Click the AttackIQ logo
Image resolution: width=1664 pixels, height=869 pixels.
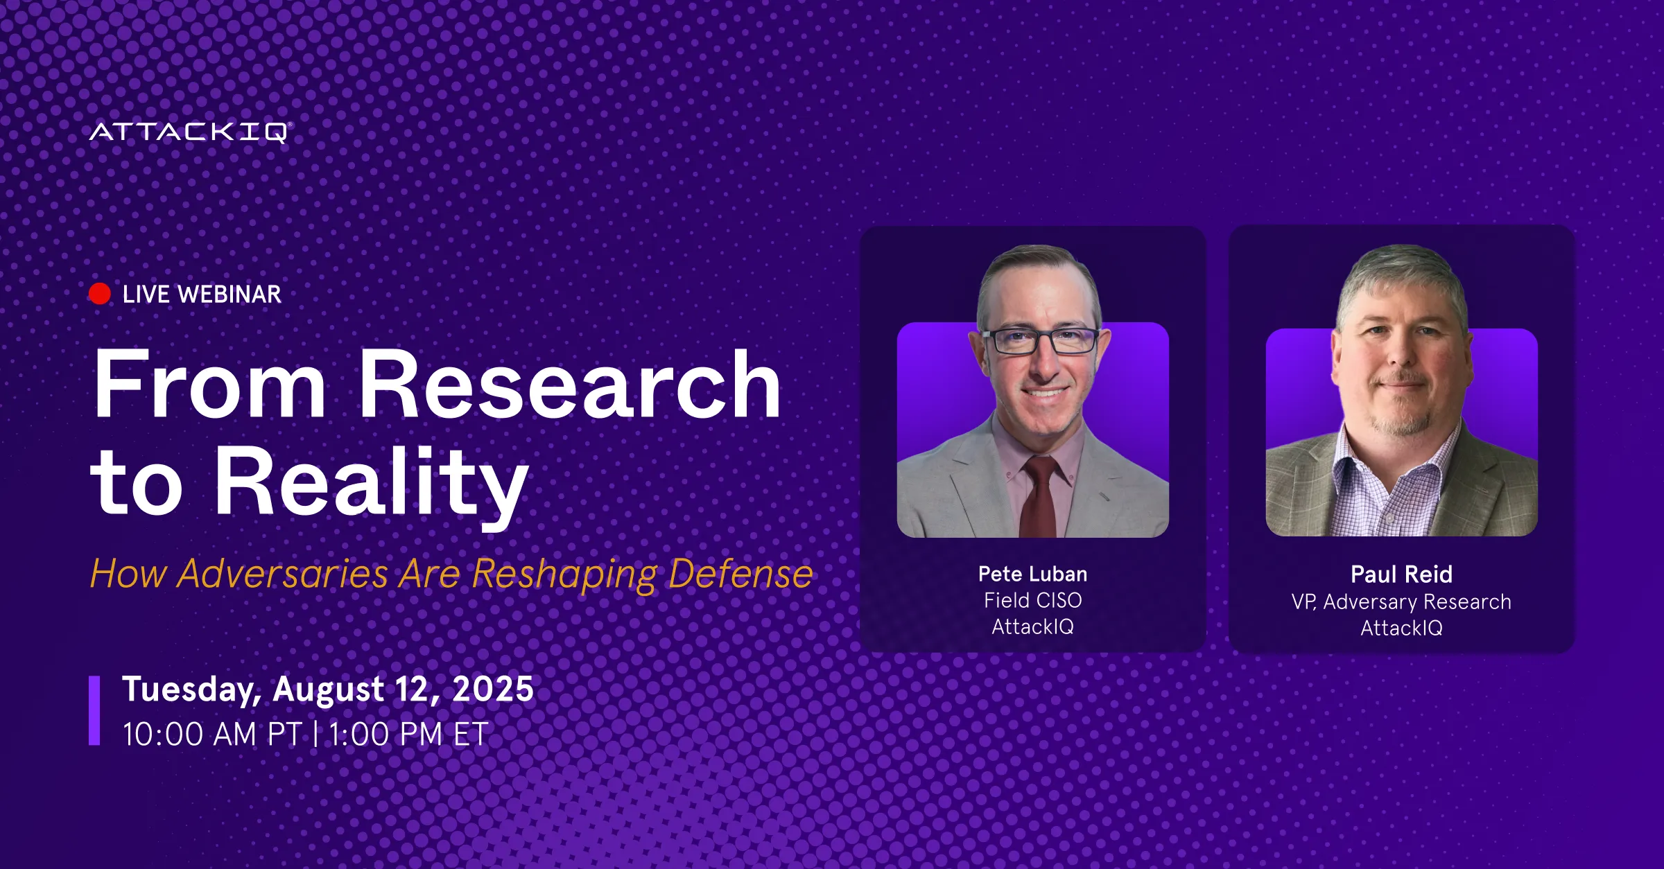pos(190,132)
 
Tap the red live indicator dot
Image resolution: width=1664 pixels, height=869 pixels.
pos(100,294)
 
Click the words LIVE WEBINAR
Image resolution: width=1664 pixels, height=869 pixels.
pos(202,295)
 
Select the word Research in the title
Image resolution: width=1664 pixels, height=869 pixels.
pos(570,384)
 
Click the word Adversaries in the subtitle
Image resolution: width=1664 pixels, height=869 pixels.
pos(282,574)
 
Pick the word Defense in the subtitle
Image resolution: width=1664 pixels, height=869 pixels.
pos(740,574)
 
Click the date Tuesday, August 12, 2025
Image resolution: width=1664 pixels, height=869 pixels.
pos(328,690)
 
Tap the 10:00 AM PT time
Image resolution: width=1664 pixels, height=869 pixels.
pos(212,735)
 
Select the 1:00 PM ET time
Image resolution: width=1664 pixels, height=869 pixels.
pos(408,735)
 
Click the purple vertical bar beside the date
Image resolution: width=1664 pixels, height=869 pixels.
pos(94,710)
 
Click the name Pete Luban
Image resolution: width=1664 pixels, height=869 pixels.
pos(1032,574)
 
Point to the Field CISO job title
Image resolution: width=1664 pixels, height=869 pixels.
pos(1032,600)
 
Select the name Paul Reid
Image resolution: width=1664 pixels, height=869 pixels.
pos(1401,574)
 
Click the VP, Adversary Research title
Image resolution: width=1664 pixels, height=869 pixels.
pos(1401,602)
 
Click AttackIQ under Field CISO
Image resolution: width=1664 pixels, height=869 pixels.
pos(1032,626)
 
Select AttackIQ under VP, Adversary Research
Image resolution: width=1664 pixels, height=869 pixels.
pos(1401,628)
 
